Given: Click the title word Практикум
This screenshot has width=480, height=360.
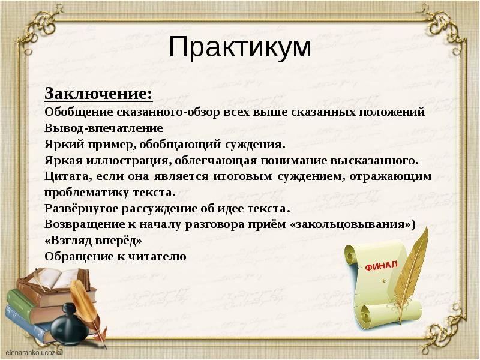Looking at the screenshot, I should click(239, 47).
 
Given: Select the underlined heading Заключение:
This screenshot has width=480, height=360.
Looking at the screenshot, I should click(98, 95).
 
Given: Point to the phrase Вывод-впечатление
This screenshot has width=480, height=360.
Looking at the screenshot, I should click(103, 128).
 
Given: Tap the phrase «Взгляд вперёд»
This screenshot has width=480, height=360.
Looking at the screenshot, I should click(93, 241).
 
